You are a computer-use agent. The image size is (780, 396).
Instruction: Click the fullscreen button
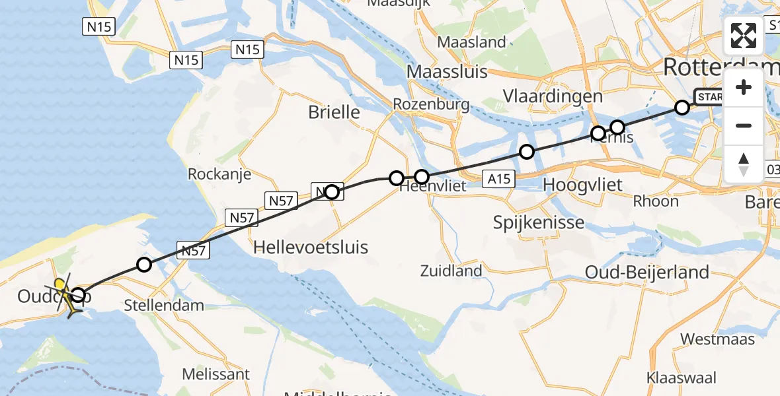744,36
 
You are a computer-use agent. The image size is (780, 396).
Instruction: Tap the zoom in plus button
744,88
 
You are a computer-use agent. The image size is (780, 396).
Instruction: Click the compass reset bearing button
744,164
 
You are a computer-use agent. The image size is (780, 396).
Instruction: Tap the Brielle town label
334,112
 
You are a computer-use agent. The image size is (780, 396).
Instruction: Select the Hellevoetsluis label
311,247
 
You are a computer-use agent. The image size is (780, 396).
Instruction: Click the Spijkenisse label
539,222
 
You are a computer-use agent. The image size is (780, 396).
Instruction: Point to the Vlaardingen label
553,96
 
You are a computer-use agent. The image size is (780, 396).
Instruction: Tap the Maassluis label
447,71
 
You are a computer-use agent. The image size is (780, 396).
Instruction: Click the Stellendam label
164,306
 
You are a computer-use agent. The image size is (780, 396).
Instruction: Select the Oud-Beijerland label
647,271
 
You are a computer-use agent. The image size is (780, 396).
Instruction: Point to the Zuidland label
451,271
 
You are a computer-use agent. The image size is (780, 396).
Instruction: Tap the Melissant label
217,374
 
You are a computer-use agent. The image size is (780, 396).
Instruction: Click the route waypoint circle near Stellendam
143,265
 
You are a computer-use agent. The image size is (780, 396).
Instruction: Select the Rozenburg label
431,104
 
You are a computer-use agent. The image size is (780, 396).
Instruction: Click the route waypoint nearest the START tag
682,107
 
